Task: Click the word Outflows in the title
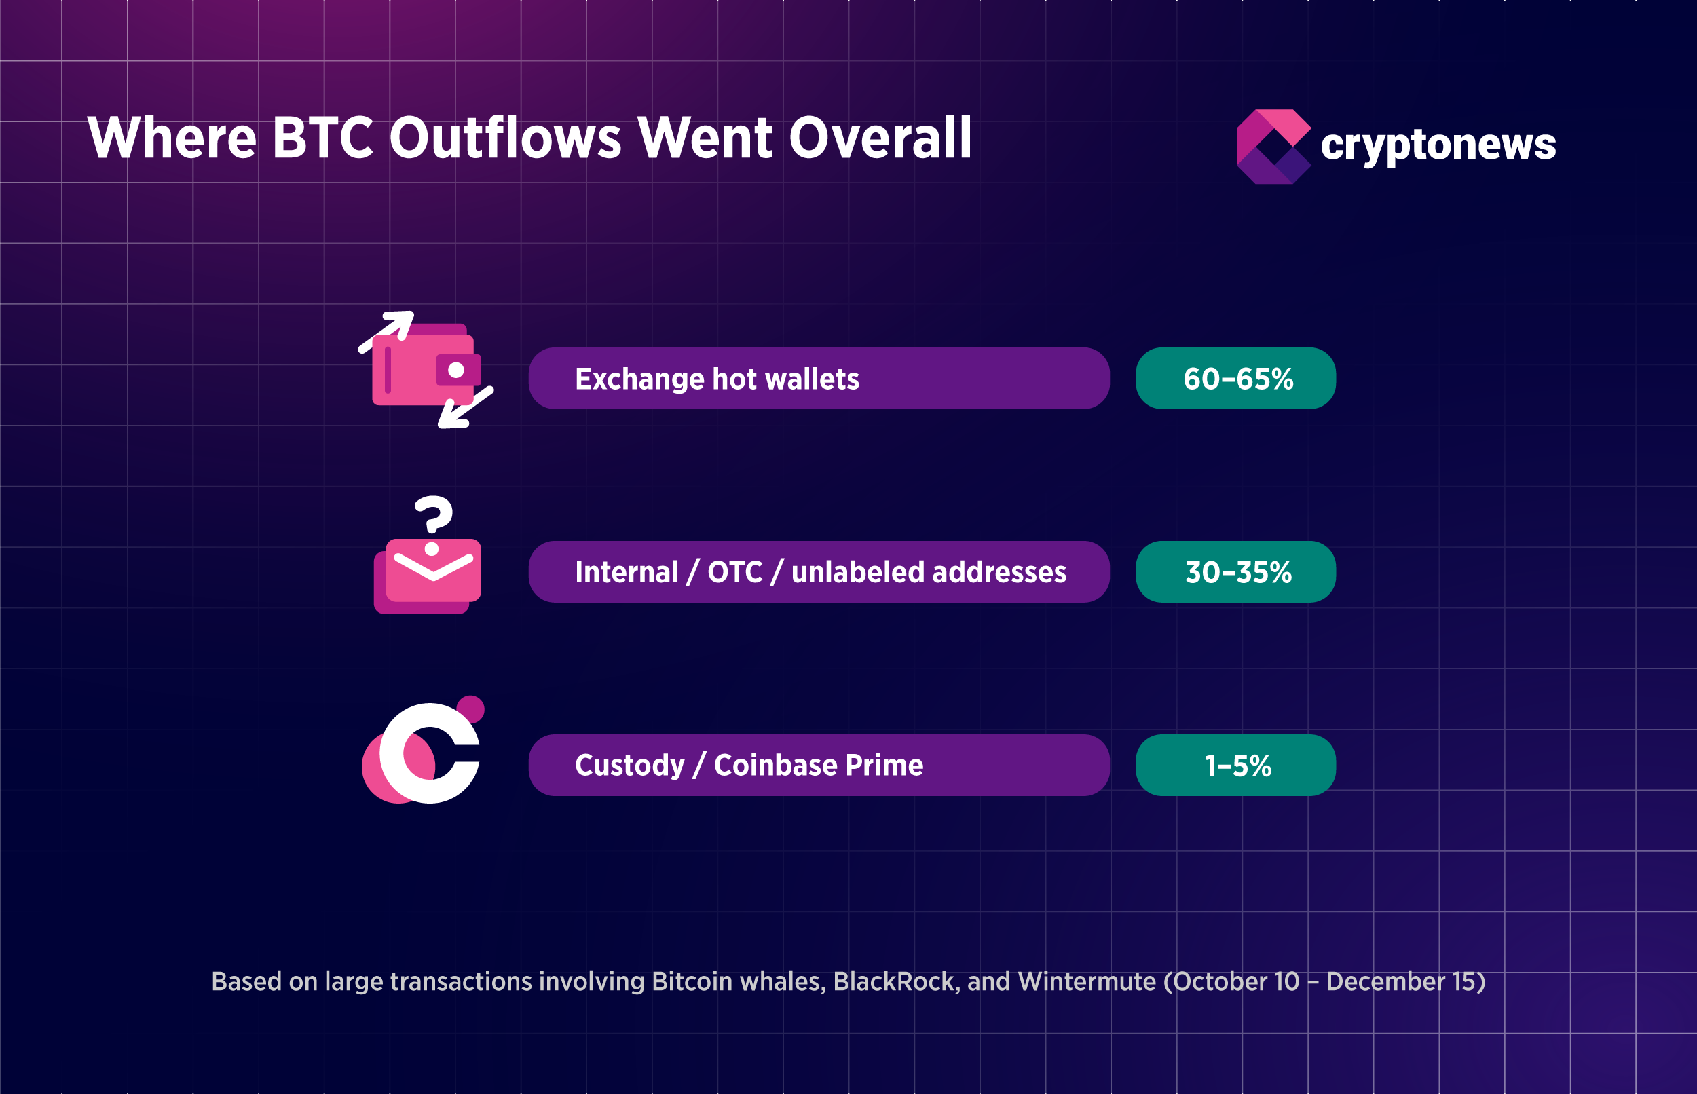(x=505, y=138)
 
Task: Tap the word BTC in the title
(x=322, y=138)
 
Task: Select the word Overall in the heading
(x=880, y=138)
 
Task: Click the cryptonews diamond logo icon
(x=1273, y=147)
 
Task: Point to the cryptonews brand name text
(x=1438, y=145)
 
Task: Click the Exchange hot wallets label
(x=717, y=379)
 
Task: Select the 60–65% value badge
(x=1235, y=379)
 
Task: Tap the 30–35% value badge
(x=1235, y=572)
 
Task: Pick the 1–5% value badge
(x=1235, y=765)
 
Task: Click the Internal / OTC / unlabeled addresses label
(x=820, y=572)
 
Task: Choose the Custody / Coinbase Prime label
(x=749, y=765)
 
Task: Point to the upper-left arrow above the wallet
(x=388, y=330)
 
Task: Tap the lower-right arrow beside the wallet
(x=464, y=409)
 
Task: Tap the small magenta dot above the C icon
(x=470, y=709)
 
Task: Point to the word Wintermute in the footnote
(x=1086, y=982)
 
